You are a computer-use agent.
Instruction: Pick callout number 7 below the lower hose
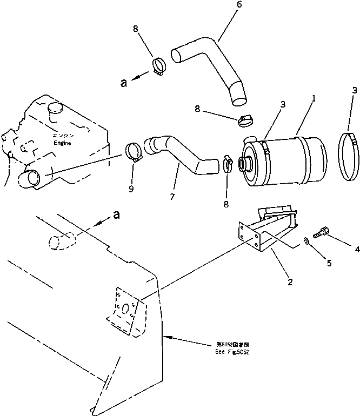point(172,197)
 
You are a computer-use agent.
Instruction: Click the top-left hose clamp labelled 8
point(159,67)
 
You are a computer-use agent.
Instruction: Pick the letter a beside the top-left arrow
point(124,83)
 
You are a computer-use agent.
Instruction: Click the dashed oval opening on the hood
point(61,240)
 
